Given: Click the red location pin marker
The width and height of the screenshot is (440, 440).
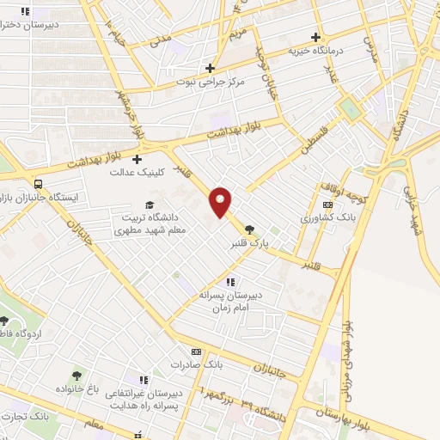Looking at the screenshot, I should [x=221, y=201].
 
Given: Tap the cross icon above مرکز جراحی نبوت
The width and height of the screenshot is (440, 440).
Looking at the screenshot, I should [x=211, y=67].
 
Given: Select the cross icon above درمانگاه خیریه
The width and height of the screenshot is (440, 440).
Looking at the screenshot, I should [x=317, y=38].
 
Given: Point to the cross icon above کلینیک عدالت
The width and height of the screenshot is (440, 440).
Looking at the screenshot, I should [x=137, y=158].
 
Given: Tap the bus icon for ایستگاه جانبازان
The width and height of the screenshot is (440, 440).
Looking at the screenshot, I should [x=37, y=184].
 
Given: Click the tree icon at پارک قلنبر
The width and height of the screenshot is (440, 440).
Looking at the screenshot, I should [x=249, y=229].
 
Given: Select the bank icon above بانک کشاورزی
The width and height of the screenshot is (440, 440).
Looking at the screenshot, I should [x=327, y=205].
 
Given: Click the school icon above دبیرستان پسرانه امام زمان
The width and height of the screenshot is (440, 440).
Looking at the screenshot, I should [x=229, y=281].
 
